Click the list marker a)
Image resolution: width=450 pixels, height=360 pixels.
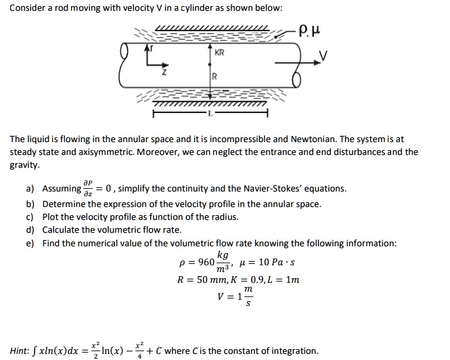[x=31, y=189]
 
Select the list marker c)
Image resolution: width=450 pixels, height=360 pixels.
[x=31, y=217]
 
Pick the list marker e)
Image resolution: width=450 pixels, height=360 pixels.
[x=31, y=244]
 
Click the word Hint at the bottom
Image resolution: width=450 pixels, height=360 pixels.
[x=19, y=351]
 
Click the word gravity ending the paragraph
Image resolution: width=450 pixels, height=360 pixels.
[x=24, y=164]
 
